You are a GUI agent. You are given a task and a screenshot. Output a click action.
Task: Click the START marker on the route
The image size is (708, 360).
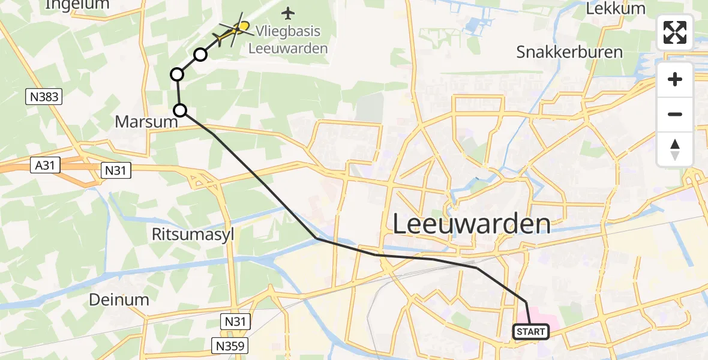[531, 332]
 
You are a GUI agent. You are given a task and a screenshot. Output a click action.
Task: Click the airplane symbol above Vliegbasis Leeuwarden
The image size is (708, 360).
[289, 13]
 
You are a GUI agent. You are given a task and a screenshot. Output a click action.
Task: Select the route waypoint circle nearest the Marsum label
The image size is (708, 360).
[180, 110]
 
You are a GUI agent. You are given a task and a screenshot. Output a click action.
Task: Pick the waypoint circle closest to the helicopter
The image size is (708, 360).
[200, 55]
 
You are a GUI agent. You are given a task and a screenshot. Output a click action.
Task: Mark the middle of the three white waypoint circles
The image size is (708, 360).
[177, 74]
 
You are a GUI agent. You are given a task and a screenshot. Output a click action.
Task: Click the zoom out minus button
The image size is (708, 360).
[675, 114]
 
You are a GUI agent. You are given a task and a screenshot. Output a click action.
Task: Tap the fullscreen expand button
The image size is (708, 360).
[675, 32]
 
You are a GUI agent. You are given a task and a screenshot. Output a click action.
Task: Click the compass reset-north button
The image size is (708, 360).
[675, 149]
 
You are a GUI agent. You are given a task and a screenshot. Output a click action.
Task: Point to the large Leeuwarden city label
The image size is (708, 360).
[471, 224]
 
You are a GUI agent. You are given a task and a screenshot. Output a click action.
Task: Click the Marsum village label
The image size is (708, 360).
[146, 122]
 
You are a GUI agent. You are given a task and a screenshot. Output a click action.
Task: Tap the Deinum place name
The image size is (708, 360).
[119, 299]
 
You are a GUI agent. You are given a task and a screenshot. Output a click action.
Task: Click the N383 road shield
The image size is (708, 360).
[44, 96]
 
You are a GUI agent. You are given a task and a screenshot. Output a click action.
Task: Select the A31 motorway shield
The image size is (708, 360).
[46, 166]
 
